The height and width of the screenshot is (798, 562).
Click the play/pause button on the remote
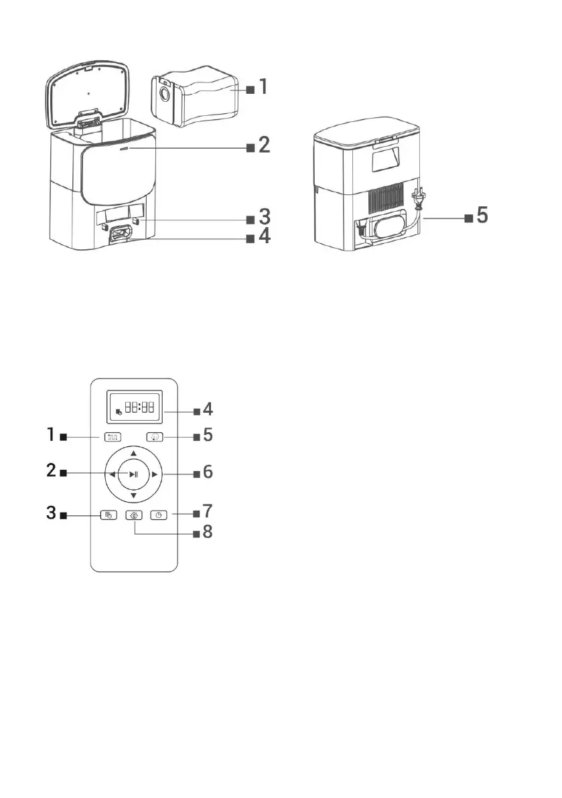[134, 474]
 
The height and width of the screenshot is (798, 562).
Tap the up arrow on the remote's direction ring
[134, 454]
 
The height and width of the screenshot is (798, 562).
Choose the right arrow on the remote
[155, 474]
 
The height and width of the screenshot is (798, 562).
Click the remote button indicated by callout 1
[111, 438]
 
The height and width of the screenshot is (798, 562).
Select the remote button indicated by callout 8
[134, 516]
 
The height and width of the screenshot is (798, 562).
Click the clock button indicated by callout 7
[159, 515]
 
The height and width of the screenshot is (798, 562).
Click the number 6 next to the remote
[208, 473]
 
